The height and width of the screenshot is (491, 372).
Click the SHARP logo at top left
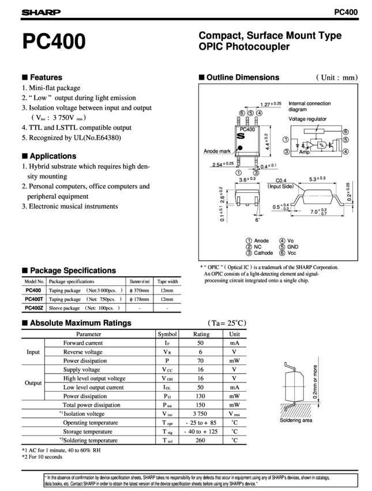click(41, 12)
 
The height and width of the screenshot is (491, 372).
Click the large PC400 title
click(54, 41)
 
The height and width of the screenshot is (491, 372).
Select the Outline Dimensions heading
click(243, 77)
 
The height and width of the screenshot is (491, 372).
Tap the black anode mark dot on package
click(240, 148)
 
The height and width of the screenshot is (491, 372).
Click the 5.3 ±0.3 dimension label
click(317, 179)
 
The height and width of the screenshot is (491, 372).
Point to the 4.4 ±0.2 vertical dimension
click(266, 142)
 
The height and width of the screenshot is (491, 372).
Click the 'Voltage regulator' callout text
click(307, 119)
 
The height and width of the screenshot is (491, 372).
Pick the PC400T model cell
click(34, 299)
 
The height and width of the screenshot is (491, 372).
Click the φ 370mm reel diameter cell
click(140, 291)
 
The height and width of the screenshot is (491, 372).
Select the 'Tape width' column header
click(168, 281)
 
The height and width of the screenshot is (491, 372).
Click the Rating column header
click(201, 334)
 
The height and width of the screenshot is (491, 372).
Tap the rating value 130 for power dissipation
click(200, 396)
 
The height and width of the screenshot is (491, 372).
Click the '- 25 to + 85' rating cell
click(201, 422)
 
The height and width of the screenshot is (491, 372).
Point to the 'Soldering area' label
click(296, 420)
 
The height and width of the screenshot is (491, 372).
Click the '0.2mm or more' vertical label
click(315, 382)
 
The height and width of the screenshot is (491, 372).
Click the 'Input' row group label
click(33, 352)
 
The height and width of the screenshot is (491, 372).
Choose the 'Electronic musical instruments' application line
click(70, 206)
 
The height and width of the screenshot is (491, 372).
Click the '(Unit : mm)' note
click(337, 77)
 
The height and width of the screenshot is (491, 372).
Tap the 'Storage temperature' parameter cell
click(88, 432)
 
